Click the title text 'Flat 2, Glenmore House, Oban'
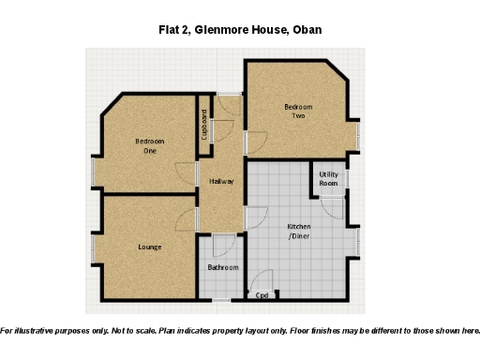click(240, 30)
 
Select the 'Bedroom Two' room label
click(298, 112)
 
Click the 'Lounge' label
click(150, 247)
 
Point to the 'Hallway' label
click(221, 181)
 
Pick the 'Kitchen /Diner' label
click(298, 232)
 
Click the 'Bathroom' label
click(223, 268)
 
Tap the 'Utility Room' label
click(328, 179)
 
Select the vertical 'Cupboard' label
click(204, 125)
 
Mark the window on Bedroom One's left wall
click(93, 171)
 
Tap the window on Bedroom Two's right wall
click(358, 137)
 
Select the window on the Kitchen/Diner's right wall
click(358, 242)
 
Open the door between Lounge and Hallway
click(187, 219)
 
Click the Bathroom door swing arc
click(223, 246)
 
